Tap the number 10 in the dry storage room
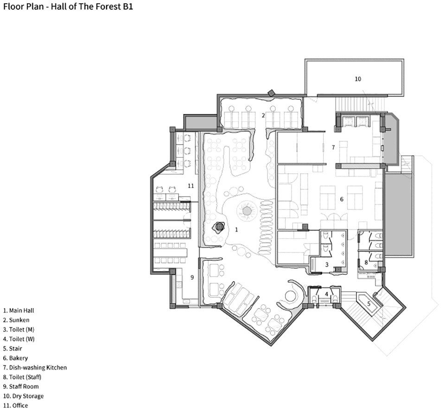(358, 79)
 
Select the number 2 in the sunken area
(263, 115)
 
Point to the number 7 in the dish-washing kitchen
(333, 147)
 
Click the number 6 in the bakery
(342, 199)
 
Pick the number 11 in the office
(191, 185)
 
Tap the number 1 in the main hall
(236, 230)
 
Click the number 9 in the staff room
(192, 277)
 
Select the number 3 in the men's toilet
(327, 265)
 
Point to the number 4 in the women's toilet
(326, 294)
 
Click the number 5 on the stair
(369, 304)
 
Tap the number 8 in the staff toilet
(366, 262)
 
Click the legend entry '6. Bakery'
(16, 358)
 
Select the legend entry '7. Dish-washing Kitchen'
(35, 368)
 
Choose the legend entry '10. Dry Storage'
(24, 396)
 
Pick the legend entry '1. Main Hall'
(19, 311)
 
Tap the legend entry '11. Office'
(16, 405)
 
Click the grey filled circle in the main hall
(247, 211)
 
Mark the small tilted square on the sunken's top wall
(272, 93)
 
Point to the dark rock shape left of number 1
(219, 227)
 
